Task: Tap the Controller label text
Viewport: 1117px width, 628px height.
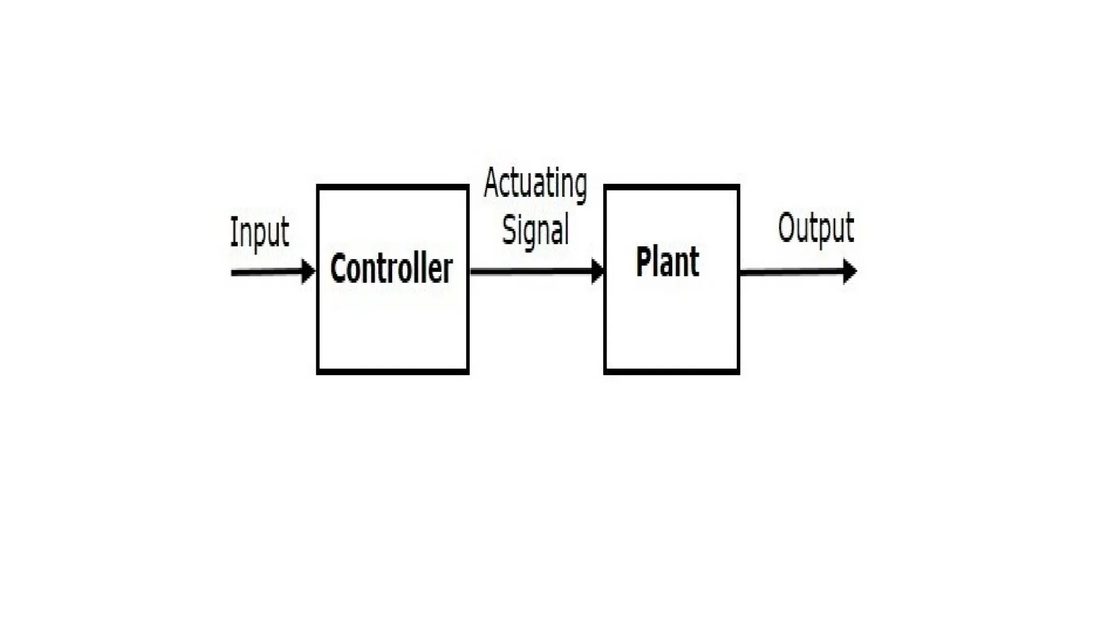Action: coord(391,268)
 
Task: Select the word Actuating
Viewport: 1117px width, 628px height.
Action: coord(535,184)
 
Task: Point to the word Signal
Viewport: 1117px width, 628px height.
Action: coord(535,230)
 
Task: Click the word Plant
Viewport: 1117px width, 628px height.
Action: coord(667,262)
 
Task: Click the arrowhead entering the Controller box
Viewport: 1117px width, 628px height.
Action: coord(309,271)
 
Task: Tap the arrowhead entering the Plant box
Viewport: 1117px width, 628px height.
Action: coord(598,271)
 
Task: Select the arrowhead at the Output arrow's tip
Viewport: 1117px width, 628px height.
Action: coord(850,271)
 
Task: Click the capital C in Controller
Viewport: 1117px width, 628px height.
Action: coord(340,268)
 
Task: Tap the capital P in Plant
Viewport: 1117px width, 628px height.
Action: coord(645,261)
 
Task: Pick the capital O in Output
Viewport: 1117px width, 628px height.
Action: coord(787,227)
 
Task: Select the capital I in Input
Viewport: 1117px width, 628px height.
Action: coord(233,231)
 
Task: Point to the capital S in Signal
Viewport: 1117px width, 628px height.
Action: coord(509,229)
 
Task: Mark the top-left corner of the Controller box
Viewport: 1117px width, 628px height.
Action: coord(319,187)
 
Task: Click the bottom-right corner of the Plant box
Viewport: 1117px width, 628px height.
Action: coord(738,372)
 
